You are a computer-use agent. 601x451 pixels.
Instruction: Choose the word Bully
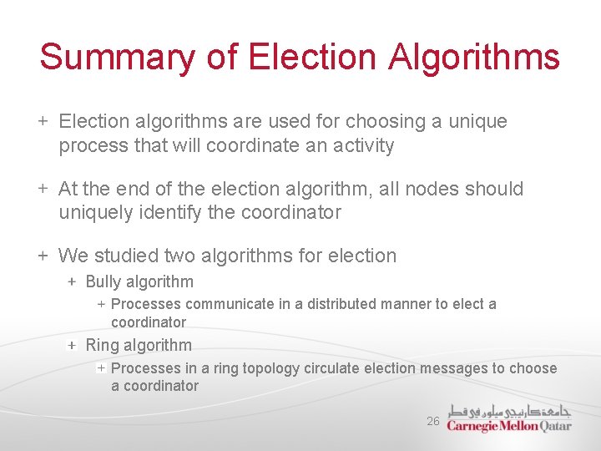(105, 282)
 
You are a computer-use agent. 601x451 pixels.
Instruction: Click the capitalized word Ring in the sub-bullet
(103, 346)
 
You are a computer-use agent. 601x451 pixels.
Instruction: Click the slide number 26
(432, 422)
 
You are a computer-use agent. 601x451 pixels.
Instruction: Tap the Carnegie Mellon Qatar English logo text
(509, 425)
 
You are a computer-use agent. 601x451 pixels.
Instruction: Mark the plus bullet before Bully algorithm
(73, 282)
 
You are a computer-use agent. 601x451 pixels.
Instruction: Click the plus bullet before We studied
(43, 256)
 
